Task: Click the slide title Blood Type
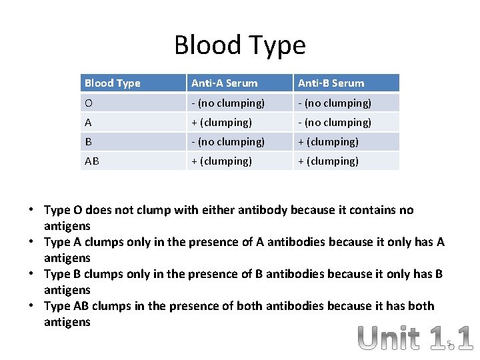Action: (240, 45)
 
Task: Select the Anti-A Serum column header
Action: (224, 83)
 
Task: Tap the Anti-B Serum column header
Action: (331, 83)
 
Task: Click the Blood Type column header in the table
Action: (113, 83)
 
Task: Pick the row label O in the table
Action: (89, 103)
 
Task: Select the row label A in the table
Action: (89, 122)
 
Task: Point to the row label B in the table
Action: (88, 141)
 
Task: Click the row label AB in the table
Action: (92, 161)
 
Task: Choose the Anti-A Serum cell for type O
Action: (227, 103)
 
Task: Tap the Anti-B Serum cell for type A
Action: (334, 122)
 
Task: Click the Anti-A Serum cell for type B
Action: (227, 141)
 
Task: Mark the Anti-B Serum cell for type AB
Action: (328, 161)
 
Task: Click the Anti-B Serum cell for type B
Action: (328, 141)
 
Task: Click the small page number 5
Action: (449, 345)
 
